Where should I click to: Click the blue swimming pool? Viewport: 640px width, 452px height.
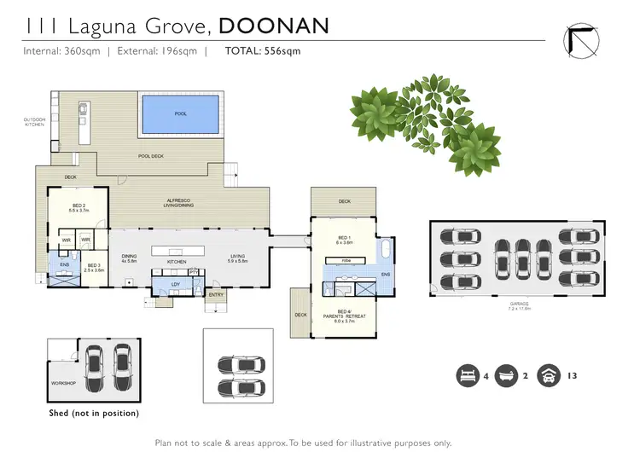pos(179,114)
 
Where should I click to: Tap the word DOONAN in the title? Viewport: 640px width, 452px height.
pos(274,26)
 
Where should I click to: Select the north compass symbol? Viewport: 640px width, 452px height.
pos(580,38)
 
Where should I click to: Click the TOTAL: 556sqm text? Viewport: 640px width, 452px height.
pos(263,51)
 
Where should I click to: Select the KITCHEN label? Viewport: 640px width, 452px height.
pos(177,261)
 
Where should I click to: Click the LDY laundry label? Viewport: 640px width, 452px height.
pos(176,283)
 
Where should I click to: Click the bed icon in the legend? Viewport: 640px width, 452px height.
pos(468,374)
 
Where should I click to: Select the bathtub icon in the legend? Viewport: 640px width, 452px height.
pos(508,374)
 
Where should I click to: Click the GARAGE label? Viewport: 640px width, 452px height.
pos(520,304)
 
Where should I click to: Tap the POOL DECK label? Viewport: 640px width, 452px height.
pos(151,157)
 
